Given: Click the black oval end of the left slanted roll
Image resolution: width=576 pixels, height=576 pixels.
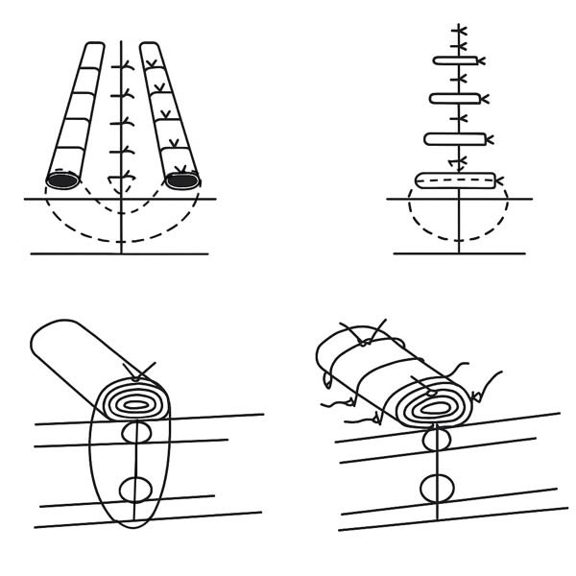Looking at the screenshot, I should pos(62,180).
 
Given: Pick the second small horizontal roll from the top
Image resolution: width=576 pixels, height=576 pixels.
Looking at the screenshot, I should pos(454,98).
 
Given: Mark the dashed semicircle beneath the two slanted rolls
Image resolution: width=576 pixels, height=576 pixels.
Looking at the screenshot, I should pos(120,238).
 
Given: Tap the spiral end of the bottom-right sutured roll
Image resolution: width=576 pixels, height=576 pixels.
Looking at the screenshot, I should pos(437,406).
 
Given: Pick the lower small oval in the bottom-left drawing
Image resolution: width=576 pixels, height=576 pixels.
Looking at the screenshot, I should pos(135,491).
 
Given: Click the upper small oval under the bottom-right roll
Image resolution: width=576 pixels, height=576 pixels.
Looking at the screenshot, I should pos(439,441).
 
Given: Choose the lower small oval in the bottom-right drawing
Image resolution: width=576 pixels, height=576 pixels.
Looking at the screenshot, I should pos(438,486).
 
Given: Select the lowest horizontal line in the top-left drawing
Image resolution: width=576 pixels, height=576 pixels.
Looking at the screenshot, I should pos(120,253).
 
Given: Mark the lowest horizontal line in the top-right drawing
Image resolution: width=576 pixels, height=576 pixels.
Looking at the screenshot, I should pos(459,253).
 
